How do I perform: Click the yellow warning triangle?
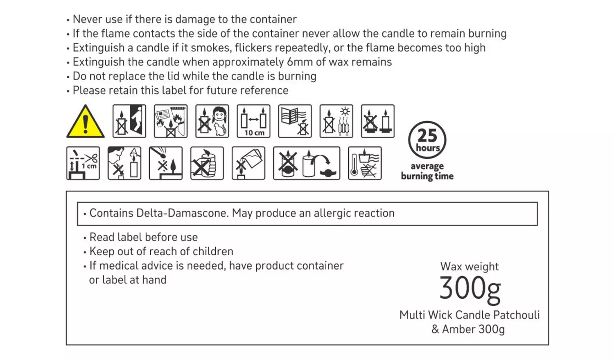85,122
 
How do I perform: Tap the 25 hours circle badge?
427,140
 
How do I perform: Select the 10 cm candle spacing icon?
253,121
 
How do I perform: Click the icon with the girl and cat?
212,121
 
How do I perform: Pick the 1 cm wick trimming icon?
83,163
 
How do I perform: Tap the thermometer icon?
365,163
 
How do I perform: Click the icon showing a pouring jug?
248,163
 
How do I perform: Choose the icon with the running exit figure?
129,121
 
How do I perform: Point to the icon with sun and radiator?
336,121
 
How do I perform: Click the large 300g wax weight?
470,290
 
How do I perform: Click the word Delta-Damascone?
183,213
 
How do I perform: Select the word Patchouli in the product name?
517,315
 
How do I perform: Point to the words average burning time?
427,171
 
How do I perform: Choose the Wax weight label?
470,267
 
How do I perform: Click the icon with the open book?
295,121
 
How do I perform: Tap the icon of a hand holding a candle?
207,163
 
